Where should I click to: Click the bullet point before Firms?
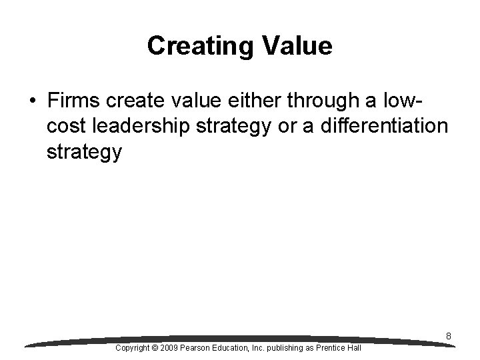click(32, 102)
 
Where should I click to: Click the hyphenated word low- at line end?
click(404, 102)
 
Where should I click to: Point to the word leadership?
click(136, 127)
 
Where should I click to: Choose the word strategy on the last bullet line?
click(85, 153)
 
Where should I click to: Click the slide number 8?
click(449, 337)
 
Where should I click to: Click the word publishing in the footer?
click(281, 349)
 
